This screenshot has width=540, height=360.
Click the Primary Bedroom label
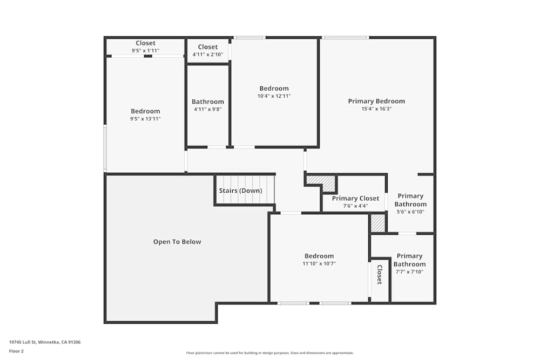pyautogui.click(x=376, y=101)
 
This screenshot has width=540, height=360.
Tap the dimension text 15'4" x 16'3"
pyautogui.click(x=376, y=108)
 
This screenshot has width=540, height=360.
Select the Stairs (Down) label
pyautogui.click(x=240, y=191)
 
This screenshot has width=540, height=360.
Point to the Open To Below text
pyautogui.click(x=177, y=242)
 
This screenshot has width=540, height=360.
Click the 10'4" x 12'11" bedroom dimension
pyautogui.click(x=274, y=96)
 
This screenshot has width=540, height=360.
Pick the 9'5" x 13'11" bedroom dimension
pyautogui.click(x=145, y=119)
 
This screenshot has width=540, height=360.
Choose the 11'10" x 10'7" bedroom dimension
pyautogui.click(x=319, y=263)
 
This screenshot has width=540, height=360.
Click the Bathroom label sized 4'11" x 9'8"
pyautogui.click(x=208, y=101)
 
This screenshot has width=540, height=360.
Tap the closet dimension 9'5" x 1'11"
pyautogui.click(x=145, y=51)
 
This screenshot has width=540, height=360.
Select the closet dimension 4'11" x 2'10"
pyautogui.click(x=208, y=55)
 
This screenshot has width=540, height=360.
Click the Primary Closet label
pyautogui.click(x=355, y=198)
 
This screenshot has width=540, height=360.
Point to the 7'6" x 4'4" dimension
pyautogui.click(x=355, y=206)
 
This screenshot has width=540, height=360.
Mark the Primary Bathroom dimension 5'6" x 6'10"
pyautogui.click(x=410, y=212)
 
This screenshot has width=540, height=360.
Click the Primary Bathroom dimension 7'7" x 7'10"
pyautogui.click(x=409, y=271)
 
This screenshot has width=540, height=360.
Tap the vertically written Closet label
pyautogui.click(x=380, y=275)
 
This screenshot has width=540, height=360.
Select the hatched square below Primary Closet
pyautogui.click(x=378, y=223)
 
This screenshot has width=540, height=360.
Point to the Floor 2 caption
pyautogui.click(x=16, y=351)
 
